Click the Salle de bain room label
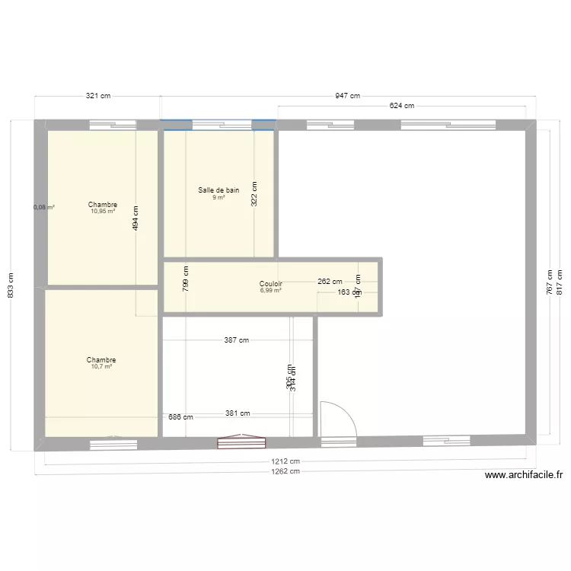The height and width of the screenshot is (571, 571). point(219,190)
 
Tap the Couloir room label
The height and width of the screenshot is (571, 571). point(271,283)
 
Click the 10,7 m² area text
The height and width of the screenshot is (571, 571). point(101,366)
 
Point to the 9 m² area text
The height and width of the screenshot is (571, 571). point(219,197)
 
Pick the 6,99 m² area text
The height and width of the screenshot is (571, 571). point(271,290)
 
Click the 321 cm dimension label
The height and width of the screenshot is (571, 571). point(98,96)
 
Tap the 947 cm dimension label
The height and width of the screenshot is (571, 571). point(347,96)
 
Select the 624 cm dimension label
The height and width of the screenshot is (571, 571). point(401,106)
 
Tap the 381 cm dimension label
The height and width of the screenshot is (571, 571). point(238,414)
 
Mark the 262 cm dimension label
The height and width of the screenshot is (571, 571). point(330,281)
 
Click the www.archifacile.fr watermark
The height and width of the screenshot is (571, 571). point(524,475)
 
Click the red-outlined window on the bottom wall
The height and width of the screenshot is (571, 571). point(241,442)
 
